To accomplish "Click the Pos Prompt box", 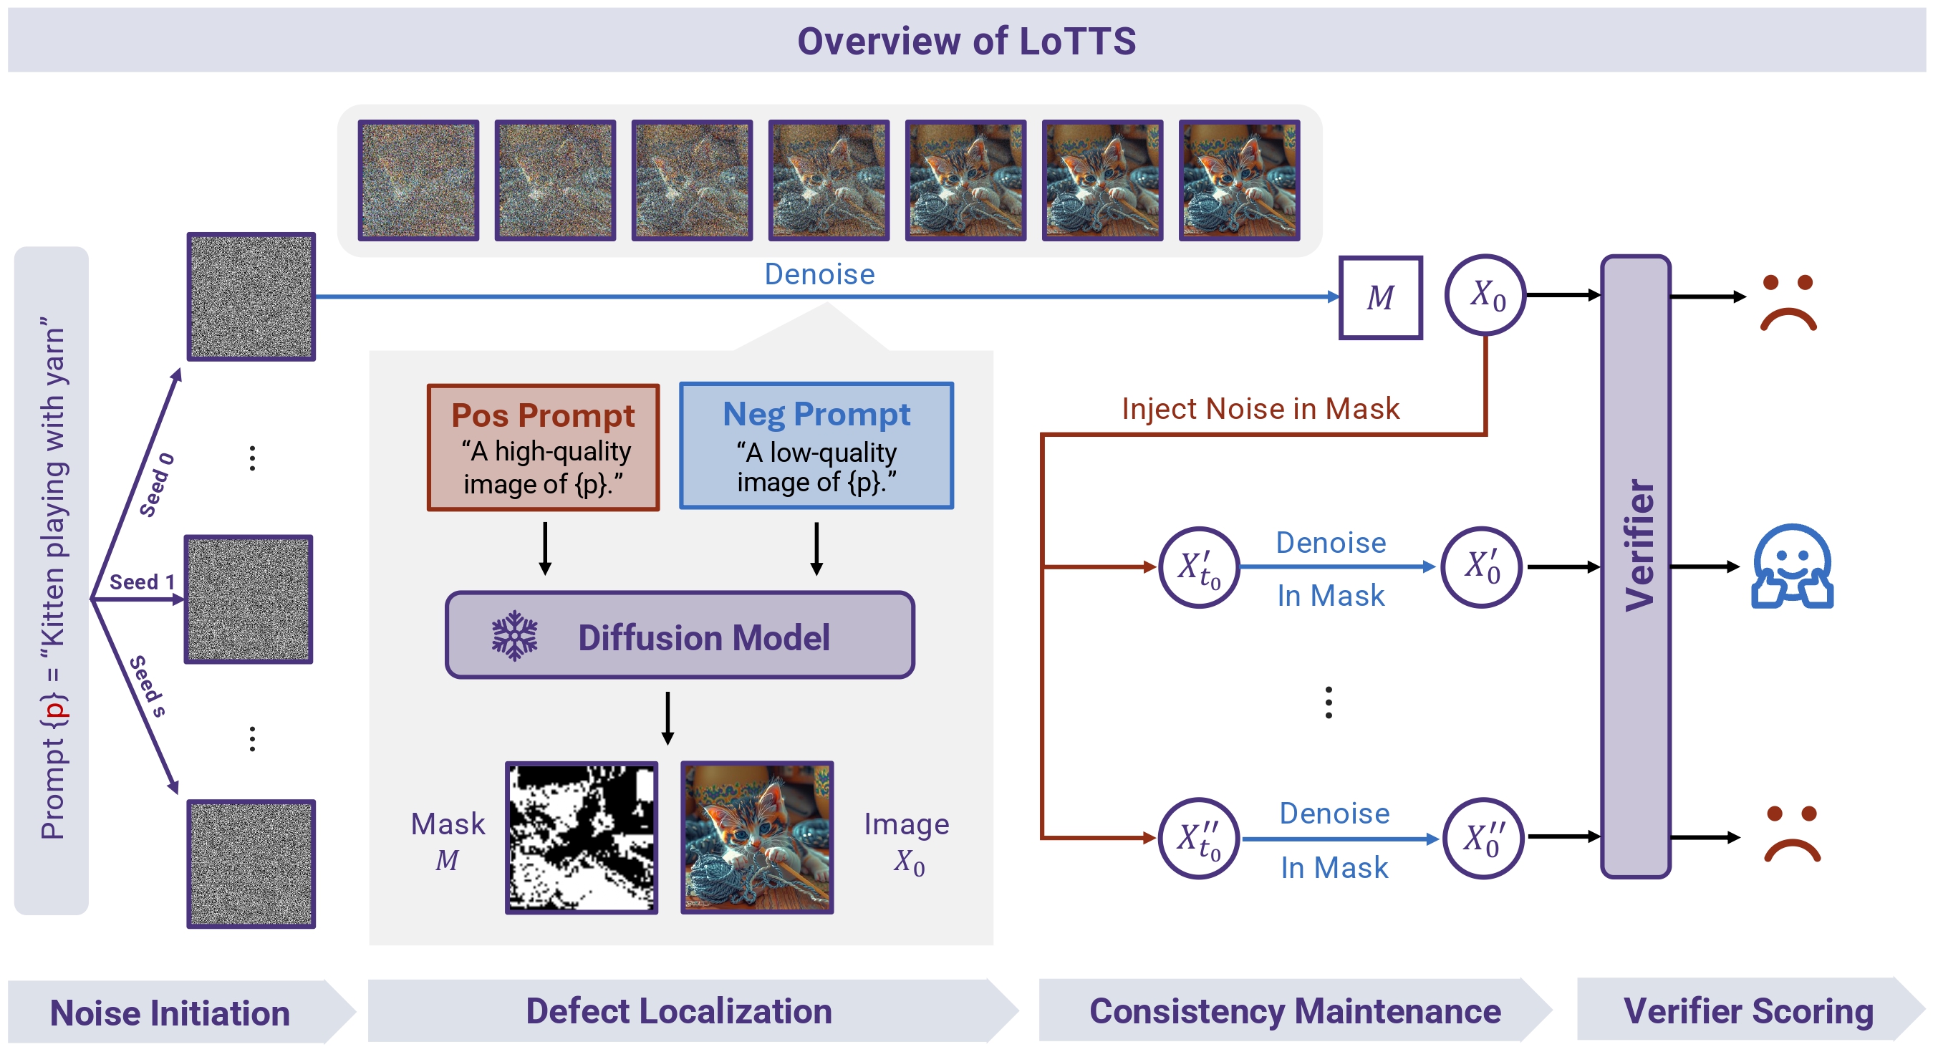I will coord(543,447).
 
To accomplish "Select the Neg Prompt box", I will coord(816,445).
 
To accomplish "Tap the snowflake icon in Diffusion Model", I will coord(514,637).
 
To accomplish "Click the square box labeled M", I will coord(1380,297).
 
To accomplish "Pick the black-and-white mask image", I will coord(582,837).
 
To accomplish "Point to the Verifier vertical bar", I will coord(1635,566).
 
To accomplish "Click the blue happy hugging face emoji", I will coord(1791,566).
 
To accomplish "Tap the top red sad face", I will coord(1788,303).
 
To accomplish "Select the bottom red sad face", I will coord(1791,834).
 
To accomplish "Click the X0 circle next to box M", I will coord(1486,295).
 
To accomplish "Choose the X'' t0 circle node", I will coord(1198,838).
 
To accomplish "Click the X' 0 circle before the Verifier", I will coord(1482,567).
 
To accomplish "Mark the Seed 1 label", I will coord(141,582).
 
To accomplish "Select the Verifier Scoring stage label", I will coord(1748,1010).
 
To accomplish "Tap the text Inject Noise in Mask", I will coord(1260,409).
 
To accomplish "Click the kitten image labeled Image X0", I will coord(756,837).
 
